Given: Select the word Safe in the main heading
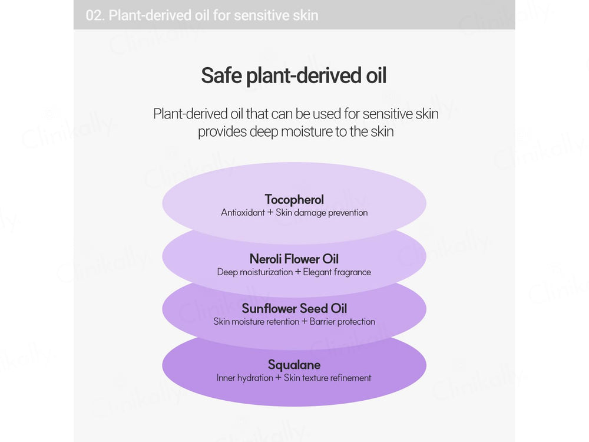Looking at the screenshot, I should coord(221,76).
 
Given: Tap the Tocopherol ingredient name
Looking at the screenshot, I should coord(294,199).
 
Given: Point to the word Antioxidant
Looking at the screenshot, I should coord(243,213).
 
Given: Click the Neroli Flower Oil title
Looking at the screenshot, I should coord(294,259).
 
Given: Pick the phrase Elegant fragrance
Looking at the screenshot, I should coord(337,272).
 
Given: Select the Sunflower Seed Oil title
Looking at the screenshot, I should coord(294,308).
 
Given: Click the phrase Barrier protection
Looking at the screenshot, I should coord(342,322).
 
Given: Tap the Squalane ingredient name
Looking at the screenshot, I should coord(294,365).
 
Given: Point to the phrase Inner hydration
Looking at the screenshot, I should coord(244,378).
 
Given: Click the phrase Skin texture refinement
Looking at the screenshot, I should coord(327,378).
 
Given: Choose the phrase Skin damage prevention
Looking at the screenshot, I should coord(322,213).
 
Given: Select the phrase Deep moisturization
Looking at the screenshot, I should coord(254,272).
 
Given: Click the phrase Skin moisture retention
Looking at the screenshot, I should coord(256,322).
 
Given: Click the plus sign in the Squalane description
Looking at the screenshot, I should coord(279,378).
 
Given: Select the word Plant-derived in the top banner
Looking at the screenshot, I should coord(150,15).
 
